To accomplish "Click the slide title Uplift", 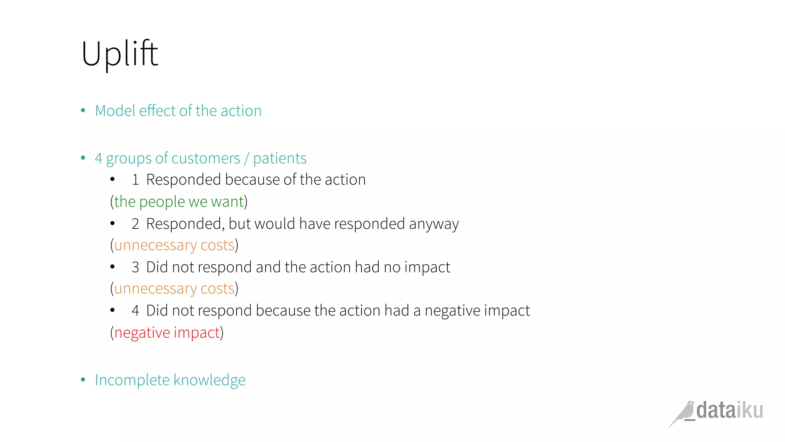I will [120, 54].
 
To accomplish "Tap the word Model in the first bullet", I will [115, 111].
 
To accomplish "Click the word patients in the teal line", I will [280, 158].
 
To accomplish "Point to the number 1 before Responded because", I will [135, 180].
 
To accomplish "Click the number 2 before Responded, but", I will [135, 224].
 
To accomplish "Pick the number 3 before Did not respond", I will [135, 267].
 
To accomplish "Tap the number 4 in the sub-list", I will [135, 311].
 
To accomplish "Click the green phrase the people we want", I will [179, 202].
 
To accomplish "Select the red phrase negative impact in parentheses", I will [167, 333].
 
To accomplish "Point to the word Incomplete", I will [132, 380].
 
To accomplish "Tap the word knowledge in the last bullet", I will [209, 380].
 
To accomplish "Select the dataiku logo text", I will [729, 410].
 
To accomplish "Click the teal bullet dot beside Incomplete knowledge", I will [83, 380].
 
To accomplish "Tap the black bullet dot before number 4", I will [112, 310].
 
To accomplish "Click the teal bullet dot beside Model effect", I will [83, 111].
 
